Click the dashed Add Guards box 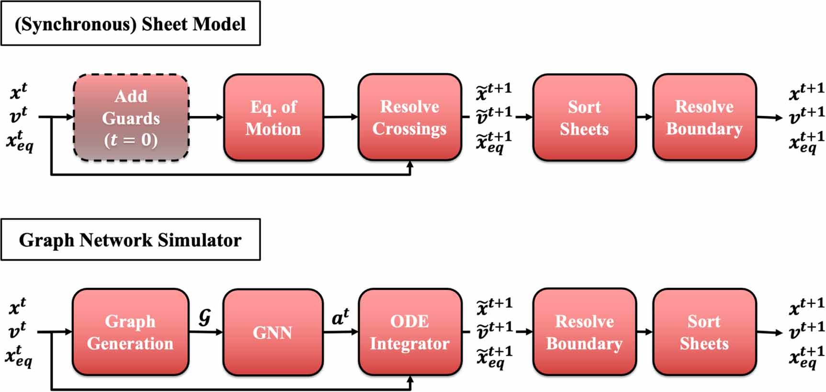click(131, 117)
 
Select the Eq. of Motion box click(273, 117)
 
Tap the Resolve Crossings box click(409, 117)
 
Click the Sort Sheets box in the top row click(584, 117)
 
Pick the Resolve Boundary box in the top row click(704, 117)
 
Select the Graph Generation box click(130, 332)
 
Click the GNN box click(272, 332)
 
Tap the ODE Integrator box click(409, 332)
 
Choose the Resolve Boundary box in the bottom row click(584, 332)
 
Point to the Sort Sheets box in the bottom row click(704, 332)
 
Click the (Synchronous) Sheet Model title click(130, 24)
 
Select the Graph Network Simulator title click(130, 240)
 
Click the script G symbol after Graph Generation click(204, 317)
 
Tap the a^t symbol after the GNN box click(340, 317)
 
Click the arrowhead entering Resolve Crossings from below click(410, 165)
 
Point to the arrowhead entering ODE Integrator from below click(410, 380)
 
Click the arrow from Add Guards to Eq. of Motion click(206, 117)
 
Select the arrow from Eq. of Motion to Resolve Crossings click(340, 117)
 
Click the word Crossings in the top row click(409, 129)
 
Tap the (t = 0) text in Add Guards click(131, 140)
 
